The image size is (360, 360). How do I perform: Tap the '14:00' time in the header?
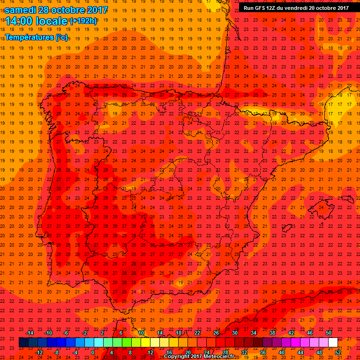[20, 21]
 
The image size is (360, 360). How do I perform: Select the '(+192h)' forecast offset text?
[83, 21]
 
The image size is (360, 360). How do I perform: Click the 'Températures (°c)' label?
[36, 37]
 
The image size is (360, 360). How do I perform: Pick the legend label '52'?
[338, 352]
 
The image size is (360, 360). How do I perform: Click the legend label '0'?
[93, 352]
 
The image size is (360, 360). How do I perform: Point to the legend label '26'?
[216, 333]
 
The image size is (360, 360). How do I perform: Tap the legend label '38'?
[272, 333]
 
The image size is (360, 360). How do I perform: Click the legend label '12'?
[150, 352]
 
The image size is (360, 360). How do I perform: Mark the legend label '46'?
[310, 333]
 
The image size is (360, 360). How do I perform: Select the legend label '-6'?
[66, 333]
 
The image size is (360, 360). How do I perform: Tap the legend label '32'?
[244, 352]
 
